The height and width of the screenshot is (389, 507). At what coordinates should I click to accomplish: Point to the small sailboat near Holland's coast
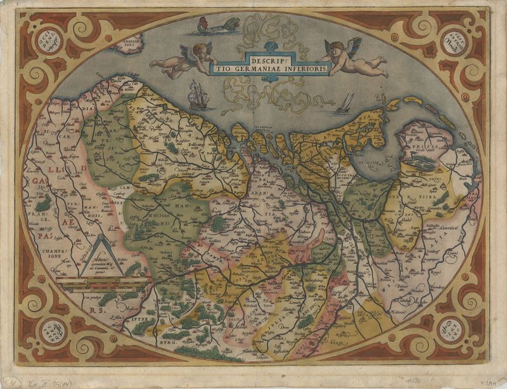pyautogui.click(x=345, y=103)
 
